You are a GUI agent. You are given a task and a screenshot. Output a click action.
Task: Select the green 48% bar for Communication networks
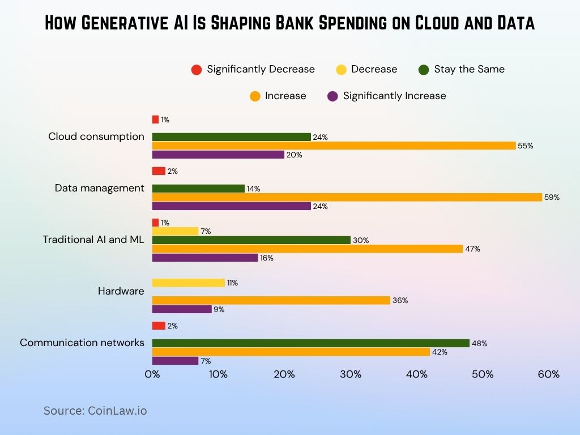coord(310,343)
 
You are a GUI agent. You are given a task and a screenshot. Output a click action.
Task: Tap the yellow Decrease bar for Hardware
coord(189,283)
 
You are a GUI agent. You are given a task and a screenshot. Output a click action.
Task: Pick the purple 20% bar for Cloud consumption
coord(218,155)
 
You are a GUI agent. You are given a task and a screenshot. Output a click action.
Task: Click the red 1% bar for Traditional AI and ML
coord(155,223)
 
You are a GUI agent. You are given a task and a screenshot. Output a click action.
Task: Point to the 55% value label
coord(526,146)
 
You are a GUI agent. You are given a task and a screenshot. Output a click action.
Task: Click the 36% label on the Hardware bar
coord(400,301)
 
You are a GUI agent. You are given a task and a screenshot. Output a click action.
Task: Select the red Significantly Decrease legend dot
coord(197,70)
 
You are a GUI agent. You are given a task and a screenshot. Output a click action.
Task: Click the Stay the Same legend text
coord(469,69)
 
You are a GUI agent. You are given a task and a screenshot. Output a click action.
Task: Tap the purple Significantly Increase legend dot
coord(333,96)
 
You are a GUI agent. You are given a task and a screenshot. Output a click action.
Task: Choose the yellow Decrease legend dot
coord(341,70)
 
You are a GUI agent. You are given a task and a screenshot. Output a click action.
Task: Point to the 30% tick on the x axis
coord(351,374)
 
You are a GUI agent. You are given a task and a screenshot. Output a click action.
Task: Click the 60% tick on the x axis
coord(549,374)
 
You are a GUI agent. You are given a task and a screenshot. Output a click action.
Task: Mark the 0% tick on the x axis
coord(152,374)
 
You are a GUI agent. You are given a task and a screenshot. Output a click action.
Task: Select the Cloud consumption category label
coord(96,137)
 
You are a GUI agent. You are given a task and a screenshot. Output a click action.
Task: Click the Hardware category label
coord(121,291)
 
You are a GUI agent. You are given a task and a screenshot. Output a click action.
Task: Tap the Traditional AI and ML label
coord(93,240)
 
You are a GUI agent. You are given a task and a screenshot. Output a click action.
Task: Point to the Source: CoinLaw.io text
coord(95,411)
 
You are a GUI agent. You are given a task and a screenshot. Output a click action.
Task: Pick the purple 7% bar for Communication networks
coord(175,361)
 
